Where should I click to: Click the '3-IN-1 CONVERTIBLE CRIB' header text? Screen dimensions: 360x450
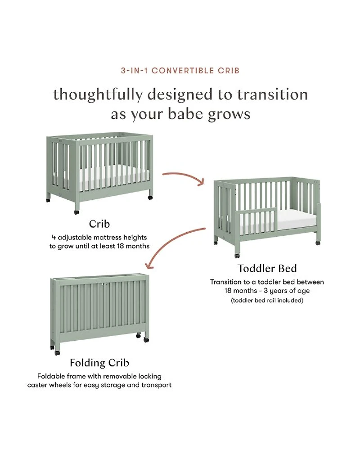(x=180, y=71)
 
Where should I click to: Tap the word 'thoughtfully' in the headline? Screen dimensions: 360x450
(x=98, y=94)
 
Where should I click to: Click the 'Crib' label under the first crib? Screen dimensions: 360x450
(x=99, y=224)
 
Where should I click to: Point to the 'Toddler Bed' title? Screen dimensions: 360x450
(x=267, y=268)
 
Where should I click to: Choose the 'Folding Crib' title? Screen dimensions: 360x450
(x=99, y=363)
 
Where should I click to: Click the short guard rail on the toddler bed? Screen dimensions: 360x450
(x=256, y=221)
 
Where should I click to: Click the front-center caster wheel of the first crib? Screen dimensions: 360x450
(x=76, y=212)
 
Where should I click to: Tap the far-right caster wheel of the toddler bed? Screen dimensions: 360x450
(x=318, y=243)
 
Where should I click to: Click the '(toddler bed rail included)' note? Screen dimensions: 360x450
(x=267, y=301)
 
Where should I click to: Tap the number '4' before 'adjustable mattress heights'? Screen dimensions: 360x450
(x=54, y=238)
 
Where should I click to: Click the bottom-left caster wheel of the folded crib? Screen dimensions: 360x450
(x=57, y=353)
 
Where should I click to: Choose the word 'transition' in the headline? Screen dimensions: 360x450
(x=272, y=94)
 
